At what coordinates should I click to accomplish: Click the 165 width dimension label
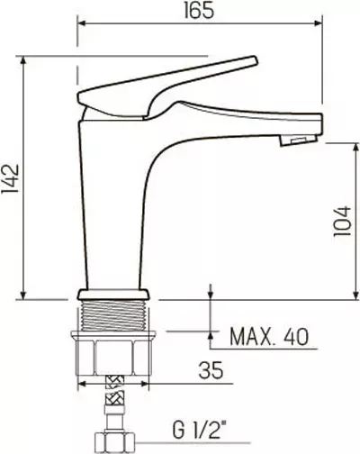point(199,11)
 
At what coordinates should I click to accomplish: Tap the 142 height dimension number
point(11,179)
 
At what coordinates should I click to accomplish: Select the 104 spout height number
point(342,222)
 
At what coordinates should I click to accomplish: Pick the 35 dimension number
point(211,370)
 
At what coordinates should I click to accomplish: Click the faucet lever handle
point(167,87)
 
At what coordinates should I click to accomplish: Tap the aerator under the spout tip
point(298,141)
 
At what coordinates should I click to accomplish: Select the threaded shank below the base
point(113,315)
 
